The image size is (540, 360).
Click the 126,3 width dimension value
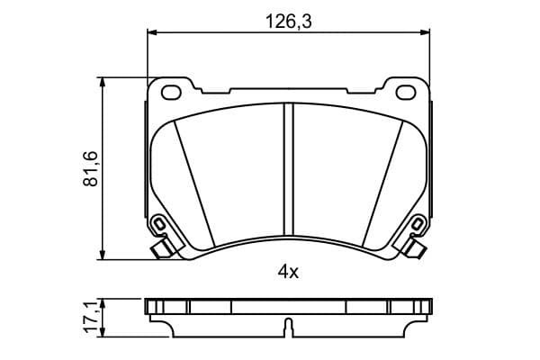tap(289, 22)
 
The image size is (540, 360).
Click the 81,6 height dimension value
tap(91, 169)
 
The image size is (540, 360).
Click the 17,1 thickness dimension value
tap(92, 318)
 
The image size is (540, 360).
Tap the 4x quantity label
tap(288, 273)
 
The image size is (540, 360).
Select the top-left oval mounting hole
tap(171, 93)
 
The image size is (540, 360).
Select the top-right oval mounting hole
tap(406, 93)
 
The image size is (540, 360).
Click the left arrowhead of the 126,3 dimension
tap(152, 32)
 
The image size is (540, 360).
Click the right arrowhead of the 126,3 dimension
tap(425, 32)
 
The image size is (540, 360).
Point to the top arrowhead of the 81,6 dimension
tap(102, 82)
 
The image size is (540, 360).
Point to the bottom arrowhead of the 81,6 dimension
tap(102, 254)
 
